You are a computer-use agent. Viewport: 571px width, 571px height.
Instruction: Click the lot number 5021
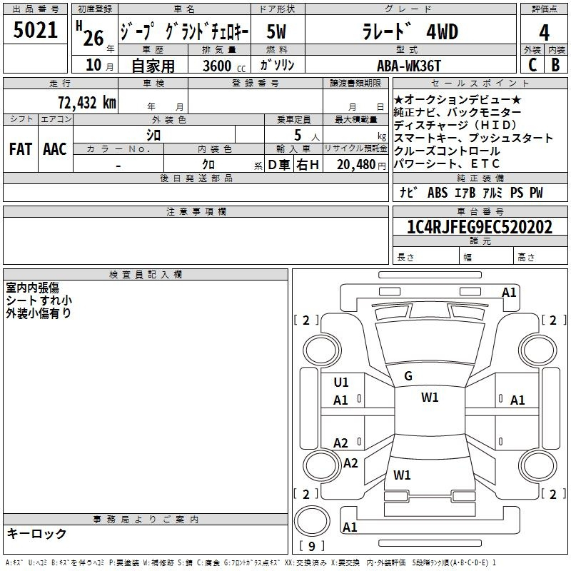35,30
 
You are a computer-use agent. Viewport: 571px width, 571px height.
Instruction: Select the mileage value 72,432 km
87,103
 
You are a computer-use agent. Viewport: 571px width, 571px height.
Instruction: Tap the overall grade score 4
544,32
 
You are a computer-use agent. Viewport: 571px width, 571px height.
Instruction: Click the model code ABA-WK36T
408,66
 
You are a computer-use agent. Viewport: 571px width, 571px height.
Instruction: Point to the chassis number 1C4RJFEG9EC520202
480,227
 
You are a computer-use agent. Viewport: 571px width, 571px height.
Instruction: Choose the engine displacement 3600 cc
224,66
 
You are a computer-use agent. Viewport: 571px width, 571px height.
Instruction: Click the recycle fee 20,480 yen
361,165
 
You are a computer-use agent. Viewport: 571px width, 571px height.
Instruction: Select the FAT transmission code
21,149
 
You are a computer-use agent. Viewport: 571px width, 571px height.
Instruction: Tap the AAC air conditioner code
55,149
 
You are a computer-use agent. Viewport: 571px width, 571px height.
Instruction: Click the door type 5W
276,31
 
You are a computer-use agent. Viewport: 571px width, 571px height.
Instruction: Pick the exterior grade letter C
532,65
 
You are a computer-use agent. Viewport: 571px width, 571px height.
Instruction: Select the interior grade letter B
555,65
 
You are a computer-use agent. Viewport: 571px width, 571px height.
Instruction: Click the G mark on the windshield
408,376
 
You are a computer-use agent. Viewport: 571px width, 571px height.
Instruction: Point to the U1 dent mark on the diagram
341,383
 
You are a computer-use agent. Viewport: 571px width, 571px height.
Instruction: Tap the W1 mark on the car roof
430,398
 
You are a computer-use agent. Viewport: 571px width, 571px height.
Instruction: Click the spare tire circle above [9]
312,520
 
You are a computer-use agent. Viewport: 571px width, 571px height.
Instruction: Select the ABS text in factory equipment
438,193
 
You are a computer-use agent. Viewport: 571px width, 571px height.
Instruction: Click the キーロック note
37,533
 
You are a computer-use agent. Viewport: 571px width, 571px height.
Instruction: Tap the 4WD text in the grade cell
442,32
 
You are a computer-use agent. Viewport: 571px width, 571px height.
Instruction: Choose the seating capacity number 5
298,136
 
